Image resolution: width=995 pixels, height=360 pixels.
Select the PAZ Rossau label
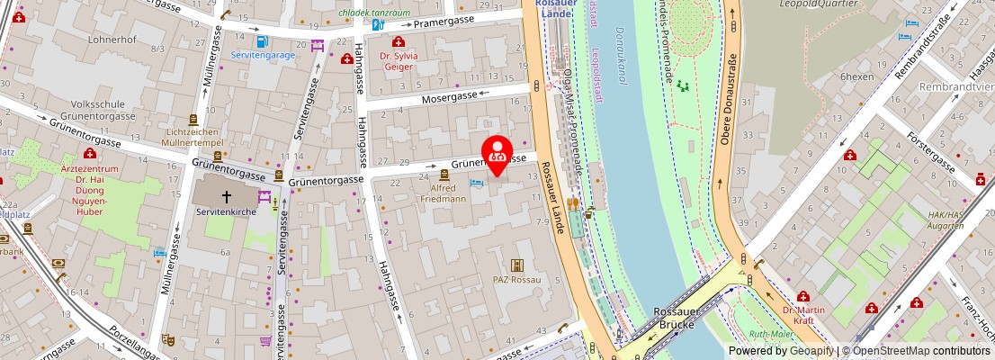point(517,280)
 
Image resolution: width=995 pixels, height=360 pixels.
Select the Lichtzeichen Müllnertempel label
point(193,137)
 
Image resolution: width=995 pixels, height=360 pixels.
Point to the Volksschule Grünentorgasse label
point(103,109)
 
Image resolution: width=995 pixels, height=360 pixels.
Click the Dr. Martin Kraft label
point(802,315)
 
